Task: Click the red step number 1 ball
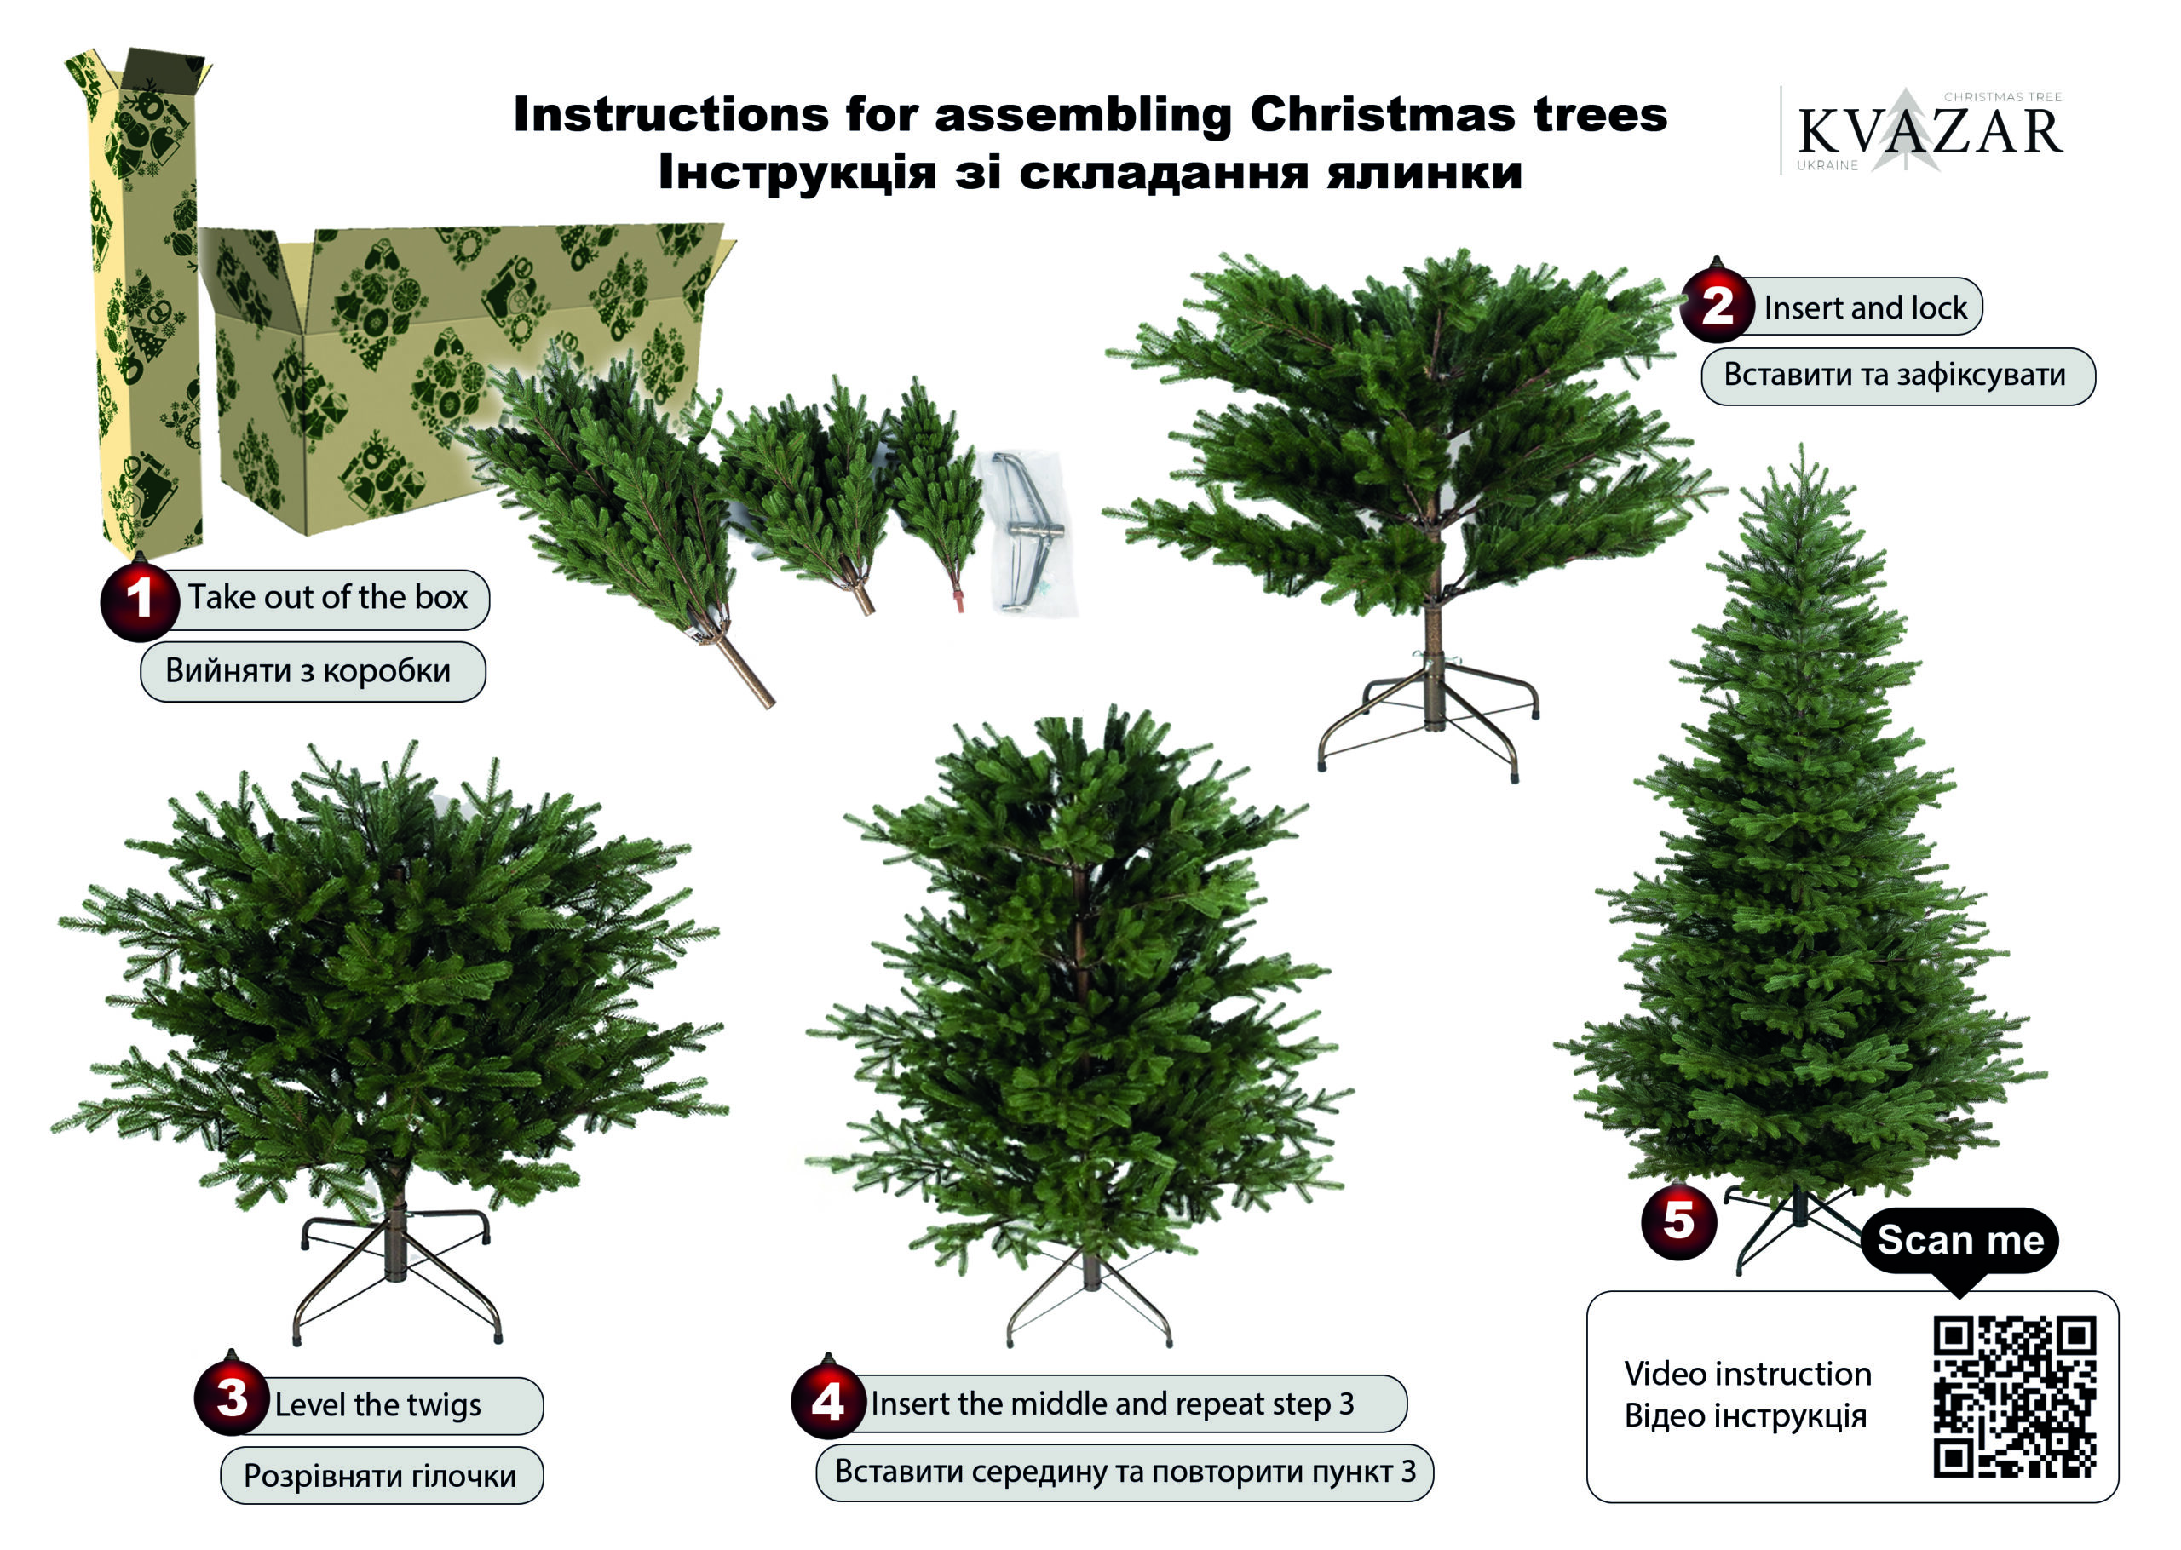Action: [x=140, y=600]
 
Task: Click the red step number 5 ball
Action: [x=1679, y=1220]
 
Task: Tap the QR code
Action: [x=2015, y=1397]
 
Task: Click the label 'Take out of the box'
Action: [x=327, y=598]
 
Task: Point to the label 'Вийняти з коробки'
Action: [x=308, y=671]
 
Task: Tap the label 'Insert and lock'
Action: [x=1865, y=307]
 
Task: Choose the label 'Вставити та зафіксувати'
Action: [x=1895, y=375]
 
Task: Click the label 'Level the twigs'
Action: [x=378, y=1405]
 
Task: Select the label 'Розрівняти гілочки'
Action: [x=380, y=1476]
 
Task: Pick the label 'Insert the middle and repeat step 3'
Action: [x=1112, y=1403]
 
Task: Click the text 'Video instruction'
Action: [x=1747, y=1374]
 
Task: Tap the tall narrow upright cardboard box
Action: [x=138, y=301]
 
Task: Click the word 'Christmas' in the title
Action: [x=1382, y=113]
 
